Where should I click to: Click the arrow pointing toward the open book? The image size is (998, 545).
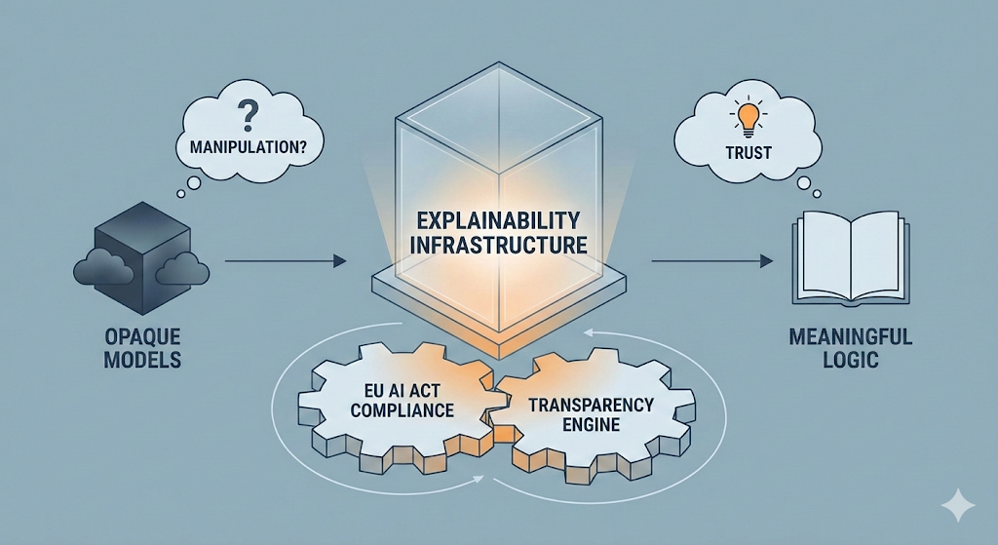(711, 261)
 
